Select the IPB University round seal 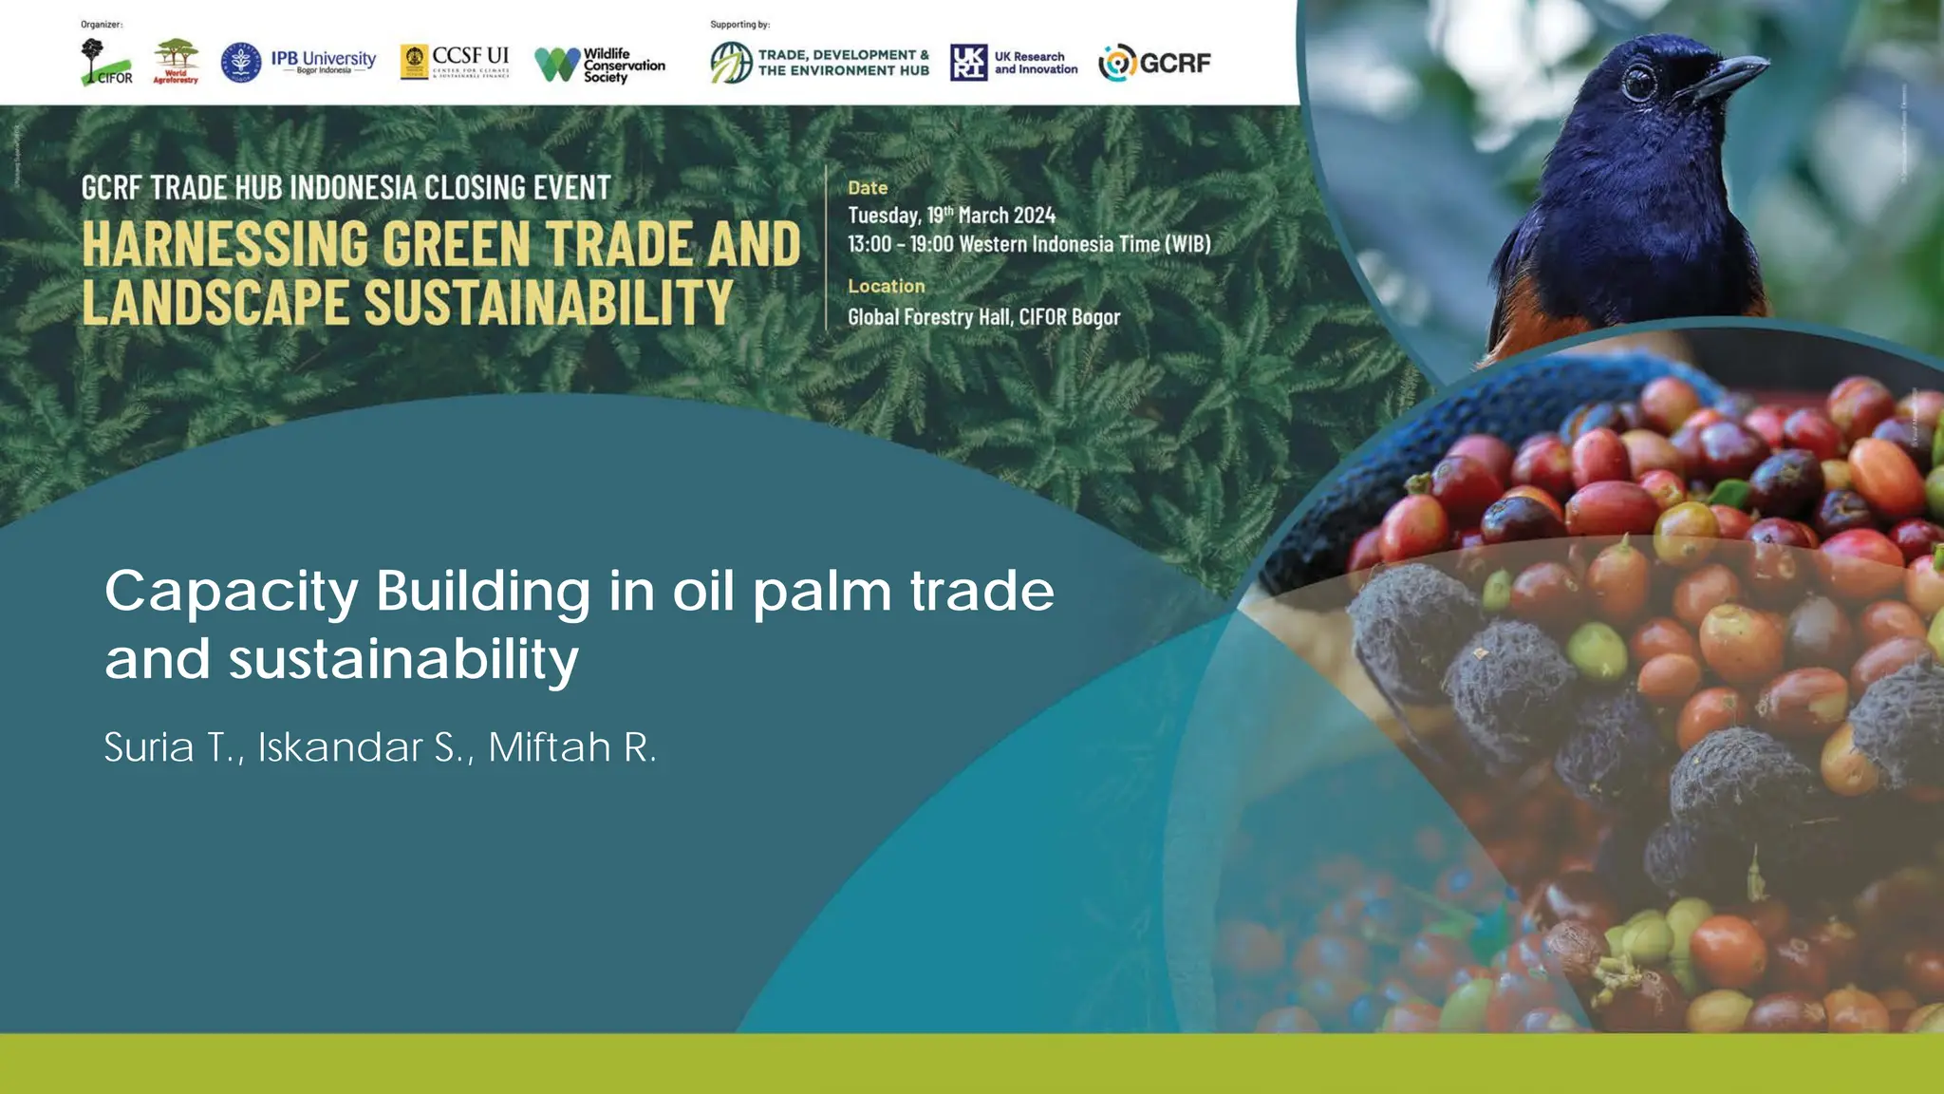[x=241, y=63]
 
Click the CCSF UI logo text [x=470, y=56]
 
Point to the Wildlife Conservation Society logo [x=600, y=65]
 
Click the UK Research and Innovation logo [x=1014, y=63]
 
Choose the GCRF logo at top [x=1155, y=63]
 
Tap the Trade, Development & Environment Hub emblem [x=731, y=63]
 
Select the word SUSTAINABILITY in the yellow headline [x=549, y=303]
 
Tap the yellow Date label [x=868, y=188]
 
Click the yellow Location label [x=886, y=286]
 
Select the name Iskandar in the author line [x=340, y=747]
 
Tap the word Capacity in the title [x=231, y=592]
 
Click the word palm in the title [x=822, y=592]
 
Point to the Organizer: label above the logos [x=102, y=25]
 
